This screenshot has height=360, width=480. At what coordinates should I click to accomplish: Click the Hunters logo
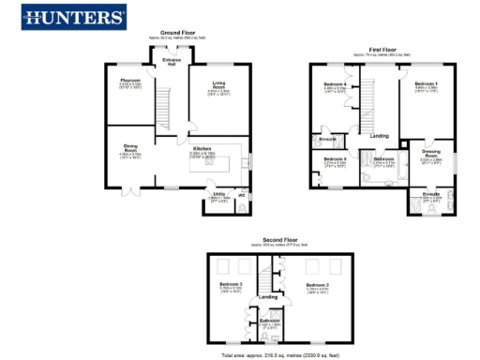(x=73, y=17)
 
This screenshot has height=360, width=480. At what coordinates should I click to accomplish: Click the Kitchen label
(x=202, y=148)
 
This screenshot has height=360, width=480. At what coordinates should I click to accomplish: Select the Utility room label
(x=217, y=196)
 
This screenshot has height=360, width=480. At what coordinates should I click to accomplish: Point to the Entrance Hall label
(x=172, y=62)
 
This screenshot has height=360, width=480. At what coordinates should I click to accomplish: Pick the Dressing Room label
(x=431, y=152)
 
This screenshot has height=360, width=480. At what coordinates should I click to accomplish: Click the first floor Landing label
(x=380, y=136)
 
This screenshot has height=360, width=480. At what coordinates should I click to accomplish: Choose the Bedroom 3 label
(x=231, y=284)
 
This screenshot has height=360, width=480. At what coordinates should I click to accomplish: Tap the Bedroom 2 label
(x=318, y=284)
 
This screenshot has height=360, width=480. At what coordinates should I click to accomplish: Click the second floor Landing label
(x=268, y=297)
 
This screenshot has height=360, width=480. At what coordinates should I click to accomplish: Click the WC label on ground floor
(x=241, y=195)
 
